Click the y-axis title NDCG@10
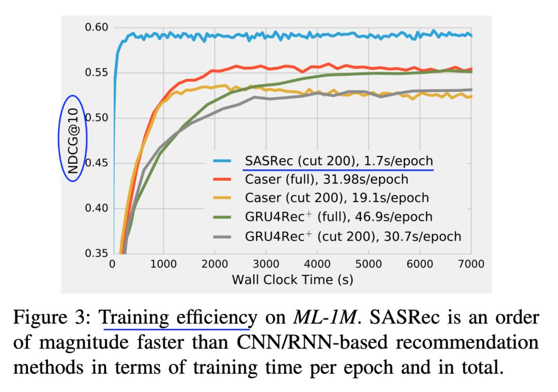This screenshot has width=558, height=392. (x=72, y=138)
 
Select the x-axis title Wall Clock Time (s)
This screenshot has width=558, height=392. (x=292, y=279)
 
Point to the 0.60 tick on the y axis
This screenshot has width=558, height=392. (x=96, y=27)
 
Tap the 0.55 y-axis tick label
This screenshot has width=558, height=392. (x=96, y=73)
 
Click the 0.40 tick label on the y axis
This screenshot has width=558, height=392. (x=96, y=209)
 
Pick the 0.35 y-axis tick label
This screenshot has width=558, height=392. (x=96, y=254)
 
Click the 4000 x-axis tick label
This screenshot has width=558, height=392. (x=317, y=264)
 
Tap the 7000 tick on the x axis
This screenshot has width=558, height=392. (x=471, y=264)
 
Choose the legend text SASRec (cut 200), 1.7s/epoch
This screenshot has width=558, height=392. (x=338, y=161)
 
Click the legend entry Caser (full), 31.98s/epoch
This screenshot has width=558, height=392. (x=326, y=180)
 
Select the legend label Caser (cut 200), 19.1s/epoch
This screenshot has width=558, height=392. (x=336, y=198)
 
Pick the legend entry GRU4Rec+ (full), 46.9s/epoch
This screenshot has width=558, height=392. (x=338, y=217)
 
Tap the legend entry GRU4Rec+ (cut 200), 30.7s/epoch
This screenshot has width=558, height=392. (x=352, y=236)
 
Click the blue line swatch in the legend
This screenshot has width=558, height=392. (x=225, y=161)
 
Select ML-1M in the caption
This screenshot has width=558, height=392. (x=327, y=317)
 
